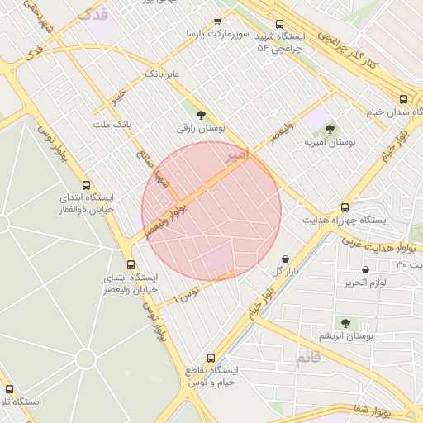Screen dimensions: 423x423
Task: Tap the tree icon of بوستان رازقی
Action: click(201, 114)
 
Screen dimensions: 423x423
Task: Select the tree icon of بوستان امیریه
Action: click(330, 128)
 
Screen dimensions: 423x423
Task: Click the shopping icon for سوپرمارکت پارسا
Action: click(217, 21)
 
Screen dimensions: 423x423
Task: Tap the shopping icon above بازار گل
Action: click(285, 258)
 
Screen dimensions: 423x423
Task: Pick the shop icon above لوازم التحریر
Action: click(366, 269)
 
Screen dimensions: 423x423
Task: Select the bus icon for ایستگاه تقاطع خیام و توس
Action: click(211, 359)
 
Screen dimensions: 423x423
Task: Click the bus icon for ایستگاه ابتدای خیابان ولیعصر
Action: click(131, 264)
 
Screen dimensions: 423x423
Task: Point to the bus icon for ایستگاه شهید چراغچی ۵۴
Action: click(279, 24)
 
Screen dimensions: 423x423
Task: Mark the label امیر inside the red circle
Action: click(235, 154)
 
